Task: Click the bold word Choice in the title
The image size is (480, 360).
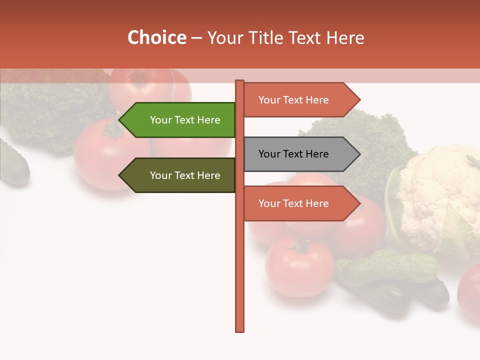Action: coord(156,38)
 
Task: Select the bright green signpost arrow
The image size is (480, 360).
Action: coord(180,120)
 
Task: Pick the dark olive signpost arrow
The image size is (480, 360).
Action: coord(180,175)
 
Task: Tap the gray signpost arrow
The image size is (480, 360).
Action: coord(297,154)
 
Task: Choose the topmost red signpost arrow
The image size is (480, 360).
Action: coord(297,100)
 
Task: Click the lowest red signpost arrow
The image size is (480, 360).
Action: coord(297,203)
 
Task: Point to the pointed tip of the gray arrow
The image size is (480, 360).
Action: coord(359,154)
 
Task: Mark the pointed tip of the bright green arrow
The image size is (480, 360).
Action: coord(119,120)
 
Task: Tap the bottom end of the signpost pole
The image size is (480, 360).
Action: coord(240,330)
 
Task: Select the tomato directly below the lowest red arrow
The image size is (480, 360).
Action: coord(300,267)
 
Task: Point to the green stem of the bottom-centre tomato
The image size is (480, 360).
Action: coord(301,245)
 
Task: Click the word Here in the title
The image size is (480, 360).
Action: coord(344,38)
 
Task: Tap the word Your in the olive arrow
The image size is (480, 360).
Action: coord(160,175)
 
